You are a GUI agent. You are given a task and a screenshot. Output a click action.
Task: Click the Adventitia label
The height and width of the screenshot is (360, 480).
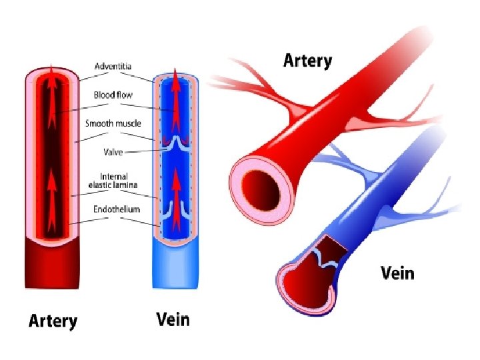coord(113,66)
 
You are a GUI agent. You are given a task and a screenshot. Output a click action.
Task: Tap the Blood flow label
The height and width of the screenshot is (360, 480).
coord(113,95)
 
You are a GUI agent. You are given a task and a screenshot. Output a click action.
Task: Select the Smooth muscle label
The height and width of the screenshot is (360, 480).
coord(113,123)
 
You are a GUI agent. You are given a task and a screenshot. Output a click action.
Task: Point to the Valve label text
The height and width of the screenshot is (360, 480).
coord(113,152)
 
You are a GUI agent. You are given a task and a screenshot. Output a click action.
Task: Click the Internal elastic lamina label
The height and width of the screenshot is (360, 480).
coord(113,180)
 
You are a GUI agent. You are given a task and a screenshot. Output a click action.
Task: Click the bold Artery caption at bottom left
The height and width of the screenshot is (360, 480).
coord(53,321)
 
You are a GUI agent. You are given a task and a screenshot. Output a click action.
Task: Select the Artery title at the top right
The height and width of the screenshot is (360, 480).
coord(307,61)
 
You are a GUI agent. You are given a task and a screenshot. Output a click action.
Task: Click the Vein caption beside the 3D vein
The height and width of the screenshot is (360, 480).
coord(397,273)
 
